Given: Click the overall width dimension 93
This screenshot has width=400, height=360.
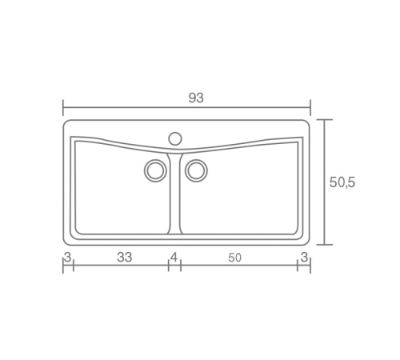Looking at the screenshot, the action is (x=196, y=98).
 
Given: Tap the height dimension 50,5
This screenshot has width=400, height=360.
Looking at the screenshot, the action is (x=342, y=182).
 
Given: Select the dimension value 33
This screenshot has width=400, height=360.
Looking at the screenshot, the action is (x=125, y=258).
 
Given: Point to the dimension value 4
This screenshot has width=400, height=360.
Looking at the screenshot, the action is (x=174, y=258).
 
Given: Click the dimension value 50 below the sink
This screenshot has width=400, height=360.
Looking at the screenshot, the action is (x=234, y=258).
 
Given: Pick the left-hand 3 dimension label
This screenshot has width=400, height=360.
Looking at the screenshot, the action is (x=68, y=258).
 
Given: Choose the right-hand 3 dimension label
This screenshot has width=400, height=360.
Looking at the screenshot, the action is (x=304, y=258).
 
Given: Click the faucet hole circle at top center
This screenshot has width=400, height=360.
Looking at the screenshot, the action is (x=175, y=138).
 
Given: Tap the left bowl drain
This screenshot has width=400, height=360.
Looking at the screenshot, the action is (x=155, y=170).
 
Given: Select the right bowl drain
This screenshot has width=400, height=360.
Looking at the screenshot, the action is (x=196, y=170).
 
